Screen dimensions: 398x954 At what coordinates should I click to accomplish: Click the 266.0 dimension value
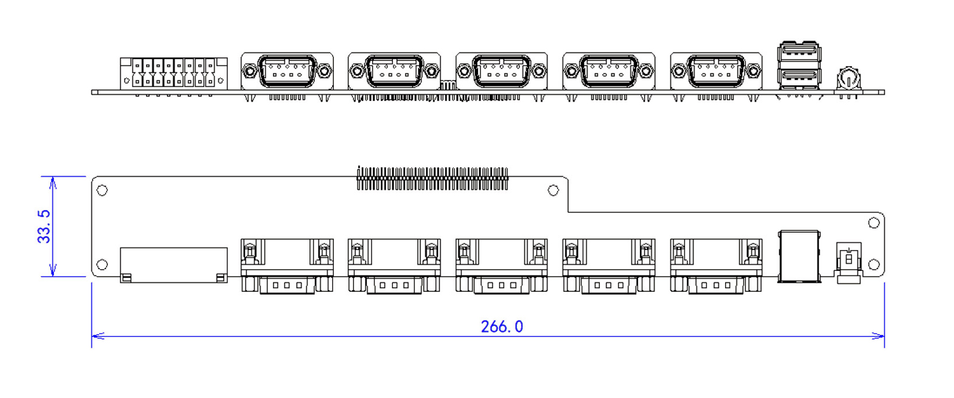tap(501, 327)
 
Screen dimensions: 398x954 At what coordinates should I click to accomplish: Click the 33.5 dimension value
tap(44, 227)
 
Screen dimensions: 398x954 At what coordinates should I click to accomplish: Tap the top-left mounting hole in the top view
tap(102, 190)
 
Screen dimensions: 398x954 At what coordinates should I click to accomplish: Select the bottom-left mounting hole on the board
tap(102, 264)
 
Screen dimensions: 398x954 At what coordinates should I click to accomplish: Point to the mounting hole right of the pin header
tap(553, 190)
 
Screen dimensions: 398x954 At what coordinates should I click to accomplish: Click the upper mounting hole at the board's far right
tap(874, 223)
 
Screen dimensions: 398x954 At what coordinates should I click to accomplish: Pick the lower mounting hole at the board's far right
tap(874, 264)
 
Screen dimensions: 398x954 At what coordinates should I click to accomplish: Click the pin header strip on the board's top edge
tap(432, 178)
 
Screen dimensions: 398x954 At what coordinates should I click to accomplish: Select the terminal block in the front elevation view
tap(174, 74)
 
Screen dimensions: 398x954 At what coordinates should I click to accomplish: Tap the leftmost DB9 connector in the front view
tap(287, 72)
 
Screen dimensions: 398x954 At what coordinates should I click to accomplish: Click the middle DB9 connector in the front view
tap(501, 72)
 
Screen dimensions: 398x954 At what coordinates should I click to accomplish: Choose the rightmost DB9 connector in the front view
tap(716, 72)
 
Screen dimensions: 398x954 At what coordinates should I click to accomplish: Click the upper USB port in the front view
tap(799, 52)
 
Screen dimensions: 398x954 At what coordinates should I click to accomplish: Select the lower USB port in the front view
tap(799, 76)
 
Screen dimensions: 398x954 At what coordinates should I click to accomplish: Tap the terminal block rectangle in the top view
tap(174, 264)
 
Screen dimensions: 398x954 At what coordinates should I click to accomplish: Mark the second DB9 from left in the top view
tap(394, 266)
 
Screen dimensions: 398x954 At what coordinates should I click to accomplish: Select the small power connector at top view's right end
tap(848, 261)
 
